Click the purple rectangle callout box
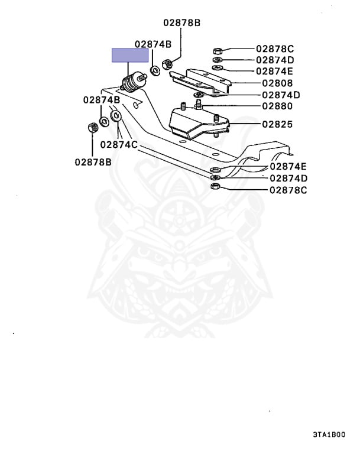130,56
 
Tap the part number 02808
274,83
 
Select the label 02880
274,106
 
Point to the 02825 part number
274,125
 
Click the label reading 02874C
118,144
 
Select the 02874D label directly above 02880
281,95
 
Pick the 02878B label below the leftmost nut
93,161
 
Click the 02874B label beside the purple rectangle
153,44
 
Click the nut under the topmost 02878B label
167,61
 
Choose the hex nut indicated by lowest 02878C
215,187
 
